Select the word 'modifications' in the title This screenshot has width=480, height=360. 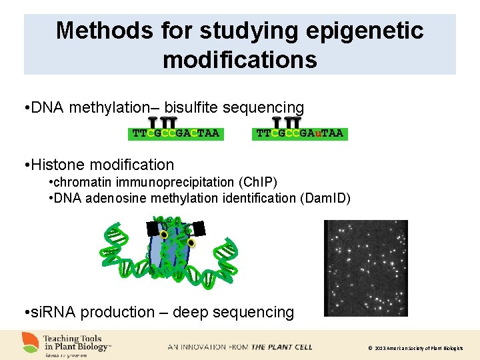point(239,59)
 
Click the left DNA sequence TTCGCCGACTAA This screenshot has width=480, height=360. point(175,133)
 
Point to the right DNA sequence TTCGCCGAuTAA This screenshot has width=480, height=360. point(300,133)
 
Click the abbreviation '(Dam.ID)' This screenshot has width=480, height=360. point(326,198)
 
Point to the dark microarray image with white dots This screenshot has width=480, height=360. point(365,267)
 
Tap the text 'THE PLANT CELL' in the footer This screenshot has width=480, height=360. point(281,347)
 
